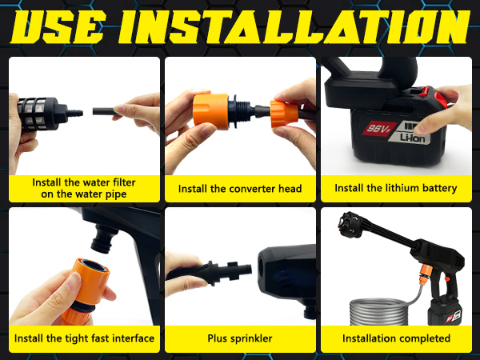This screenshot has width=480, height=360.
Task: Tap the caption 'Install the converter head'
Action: tap(240, 189)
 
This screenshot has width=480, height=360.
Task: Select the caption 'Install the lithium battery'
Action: tap(396, 189)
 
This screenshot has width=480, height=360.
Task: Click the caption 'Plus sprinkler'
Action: tap(240, 338)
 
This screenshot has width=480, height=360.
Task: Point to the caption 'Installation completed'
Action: tap(396, 338)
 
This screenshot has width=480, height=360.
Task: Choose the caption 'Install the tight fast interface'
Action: tap(84, 338)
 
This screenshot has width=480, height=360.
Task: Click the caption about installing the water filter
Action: tap(84, 188)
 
